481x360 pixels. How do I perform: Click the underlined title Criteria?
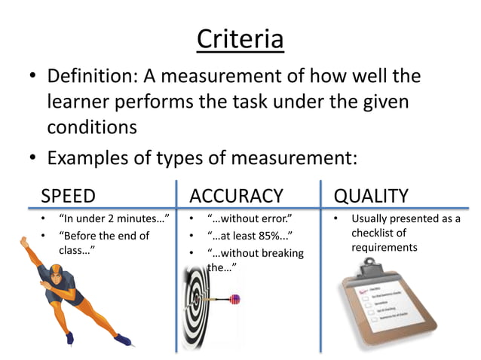240,38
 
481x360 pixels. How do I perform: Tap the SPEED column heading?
69,197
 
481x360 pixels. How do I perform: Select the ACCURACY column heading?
236,197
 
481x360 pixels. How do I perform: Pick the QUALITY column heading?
371,197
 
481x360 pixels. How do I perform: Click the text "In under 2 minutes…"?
113,220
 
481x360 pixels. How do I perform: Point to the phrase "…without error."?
249,220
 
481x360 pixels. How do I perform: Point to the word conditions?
92,127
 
